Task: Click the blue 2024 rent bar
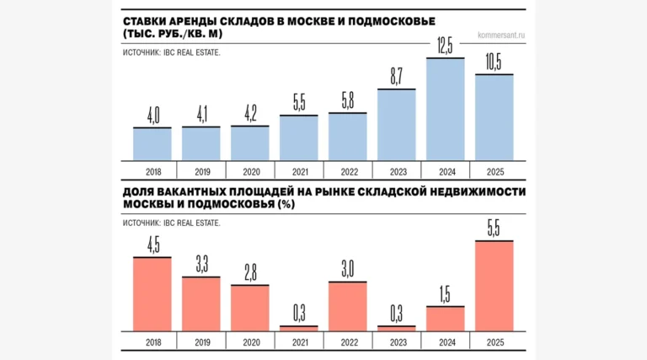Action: click(x=445, y=110)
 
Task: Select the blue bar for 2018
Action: click(x=152, y=143)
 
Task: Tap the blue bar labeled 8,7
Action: click(x=396, y=125)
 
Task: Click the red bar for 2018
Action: click(x=152, y=293)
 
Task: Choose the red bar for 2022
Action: click(x=347, y=305)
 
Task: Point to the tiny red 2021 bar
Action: click(x=298, y=327)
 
